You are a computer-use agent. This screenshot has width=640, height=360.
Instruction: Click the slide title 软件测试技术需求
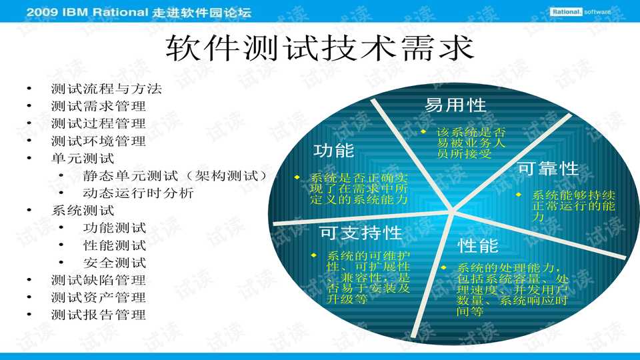pyautogui.click(x=319, y=48)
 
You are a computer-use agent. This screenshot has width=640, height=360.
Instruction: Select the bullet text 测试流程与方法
pyautogui.click(x=106, y=88)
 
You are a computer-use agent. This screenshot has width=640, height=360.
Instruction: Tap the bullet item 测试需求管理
pyautogui.click(x=98, y=105)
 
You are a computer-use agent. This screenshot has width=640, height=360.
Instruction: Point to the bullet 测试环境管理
pyautogui.click(x=98, y=141)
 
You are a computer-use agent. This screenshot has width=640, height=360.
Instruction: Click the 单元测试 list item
pyautogui.click(x=83, y=158)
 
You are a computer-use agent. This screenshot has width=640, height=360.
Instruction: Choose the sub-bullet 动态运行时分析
pyautogui.click(x=138, y=193)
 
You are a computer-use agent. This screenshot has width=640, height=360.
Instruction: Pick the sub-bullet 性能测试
pyautogui.click(x=115, y=245)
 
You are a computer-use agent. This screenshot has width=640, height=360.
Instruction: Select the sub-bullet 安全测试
pyautogui.click(x=115, y=263)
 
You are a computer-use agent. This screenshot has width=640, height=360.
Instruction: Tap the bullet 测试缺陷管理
pyautogui.click(x=98, y=280)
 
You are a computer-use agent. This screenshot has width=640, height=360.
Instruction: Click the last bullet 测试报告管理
pyautogui.click(x=98, y=315)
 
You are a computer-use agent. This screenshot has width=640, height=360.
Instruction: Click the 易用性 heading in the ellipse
pyautogui.click(x=455, y=105)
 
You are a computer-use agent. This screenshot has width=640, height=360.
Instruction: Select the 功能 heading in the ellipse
pyautogui.click(x=334, y=150)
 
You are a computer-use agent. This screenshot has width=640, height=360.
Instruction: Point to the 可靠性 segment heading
pyautogui.click(x=548, y=169)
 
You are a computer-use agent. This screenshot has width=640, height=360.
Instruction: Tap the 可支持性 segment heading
pyautogui.click(x=360, y=233)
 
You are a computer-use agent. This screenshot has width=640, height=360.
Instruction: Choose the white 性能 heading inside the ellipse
pyautogui.click(x=478, y=246)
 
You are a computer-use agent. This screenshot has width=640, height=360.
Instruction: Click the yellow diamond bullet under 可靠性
pyautogui.click(x=519, y=195)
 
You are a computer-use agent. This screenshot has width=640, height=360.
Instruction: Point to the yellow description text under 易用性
pyautogui.click(x=471, y=143)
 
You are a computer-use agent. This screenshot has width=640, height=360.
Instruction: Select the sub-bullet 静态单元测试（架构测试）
pyautogui.click(x=175, y=176)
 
